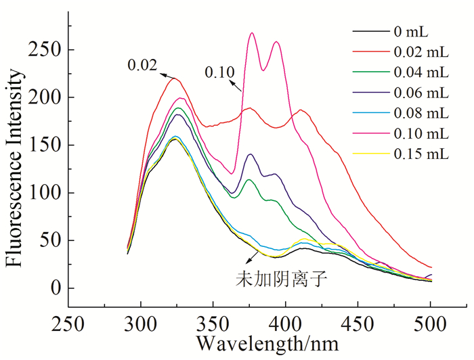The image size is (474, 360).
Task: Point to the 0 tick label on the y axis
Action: tap(58, 289)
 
